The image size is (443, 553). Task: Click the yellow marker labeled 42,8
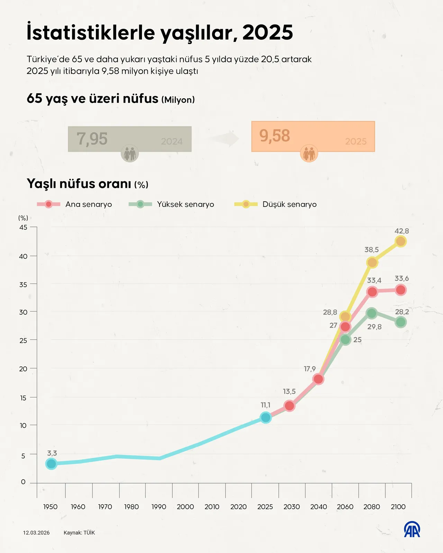click(400, 241)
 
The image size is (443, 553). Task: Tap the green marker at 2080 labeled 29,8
click(372, 313)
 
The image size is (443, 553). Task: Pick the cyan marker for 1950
click(51, 464)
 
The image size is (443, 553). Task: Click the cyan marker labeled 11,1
click(265, 418)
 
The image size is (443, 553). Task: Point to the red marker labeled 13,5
click(289, 406)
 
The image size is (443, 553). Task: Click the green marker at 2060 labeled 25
click(345, 340)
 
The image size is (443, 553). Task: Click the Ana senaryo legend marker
click(48, 204)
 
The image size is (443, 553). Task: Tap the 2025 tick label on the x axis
click(265, 507)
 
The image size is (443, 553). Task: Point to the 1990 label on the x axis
click(159, 507)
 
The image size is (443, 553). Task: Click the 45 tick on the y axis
click(23, 227)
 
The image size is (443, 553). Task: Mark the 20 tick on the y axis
click(23, 369)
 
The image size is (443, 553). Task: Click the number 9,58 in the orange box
click(275, 136)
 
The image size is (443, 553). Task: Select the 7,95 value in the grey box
click(92, 139)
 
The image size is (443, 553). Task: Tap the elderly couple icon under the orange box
click(309, 153)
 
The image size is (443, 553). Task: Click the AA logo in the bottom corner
click(412, 529)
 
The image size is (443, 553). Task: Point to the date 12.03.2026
click(36, 533)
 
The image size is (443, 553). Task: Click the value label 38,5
click(371, 250)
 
